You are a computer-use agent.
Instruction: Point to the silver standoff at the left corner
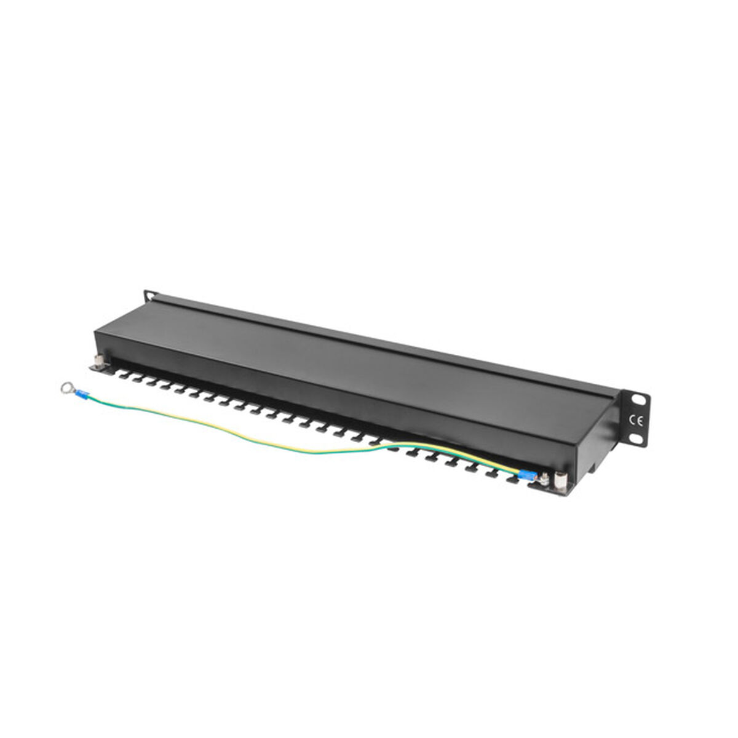click(99, 360)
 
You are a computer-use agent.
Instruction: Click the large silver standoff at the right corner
click(560, 479)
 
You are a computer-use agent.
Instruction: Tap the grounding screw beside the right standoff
click(544, 478)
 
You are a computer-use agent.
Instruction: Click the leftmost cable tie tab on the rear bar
click(122, 376)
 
